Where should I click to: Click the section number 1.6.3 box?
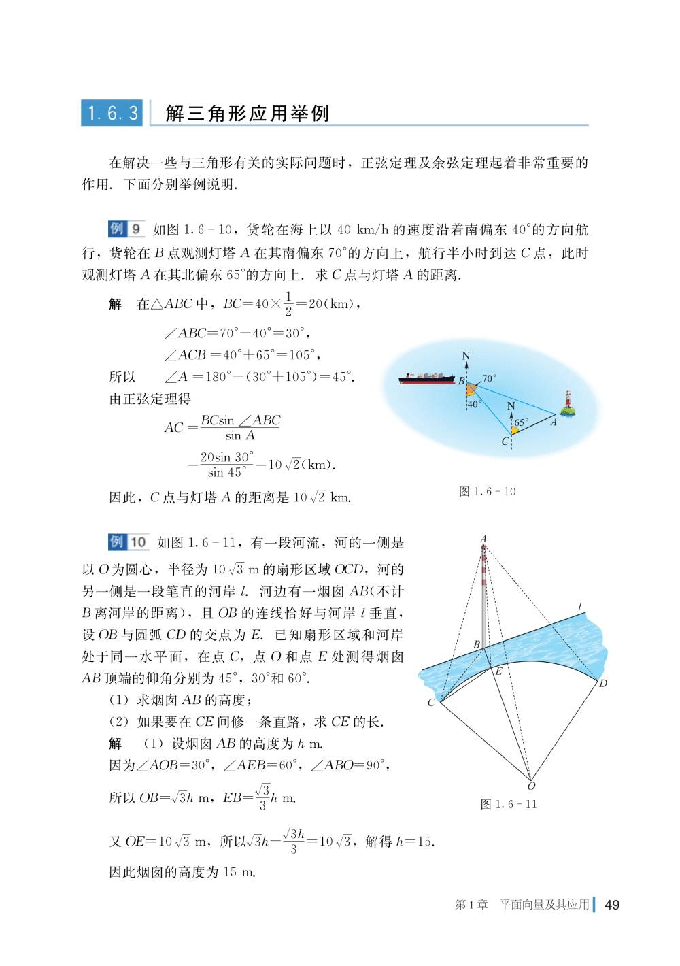click(x=112, y=113)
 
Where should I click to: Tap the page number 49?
click(x=611, y=905)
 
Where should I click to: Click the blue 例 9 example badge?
click(x=126, y=229)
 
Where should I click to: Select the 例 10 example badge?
click(x=129, y=542)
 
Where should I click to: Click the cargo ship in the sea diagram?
click(x=427, y=378)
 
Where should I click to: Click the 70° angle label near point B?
click(x=490, y=378)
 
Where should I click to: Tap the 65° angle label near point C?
click(x=521, y=422)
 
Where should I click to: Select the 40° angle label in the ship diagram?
click(x=474, y=404)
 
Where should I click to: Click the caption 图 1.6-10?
click(x=487, y=491)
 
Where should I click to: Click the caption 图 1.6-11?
click(x=509, y=804)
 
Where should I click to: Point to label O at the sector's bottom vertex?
click(x=531, y=786)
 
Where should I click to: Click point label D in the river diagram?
click(x=602, y=683)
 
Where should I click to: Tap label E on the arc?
click(x=498, y=671)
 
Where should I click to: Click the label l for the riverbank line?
click(x=579, y=606)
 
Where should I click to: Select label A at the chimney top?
click(x=483, y=539)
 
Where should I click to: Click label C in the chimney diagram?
click(x=431, y=703)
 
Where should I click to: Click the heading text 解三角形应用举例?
click(x=248, y=114)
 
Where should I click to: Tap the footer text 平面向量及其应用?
click(x=544, y=905)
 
